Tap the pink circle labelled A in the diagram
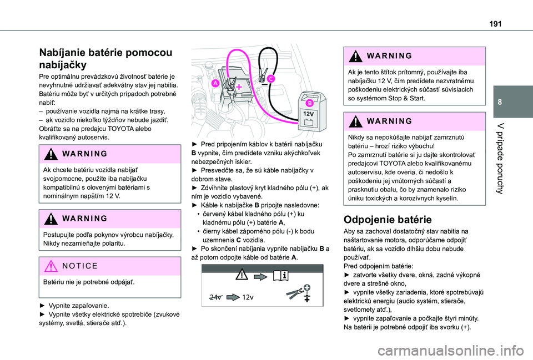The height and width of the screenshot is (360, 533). pos(214,83)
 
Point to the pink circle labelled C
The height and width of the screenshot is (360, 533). pos(270,79)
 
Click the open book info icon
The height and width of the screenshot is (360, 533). pos(279,274)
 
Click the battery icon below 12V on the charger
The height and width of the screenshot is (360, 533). pos(308,121)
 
